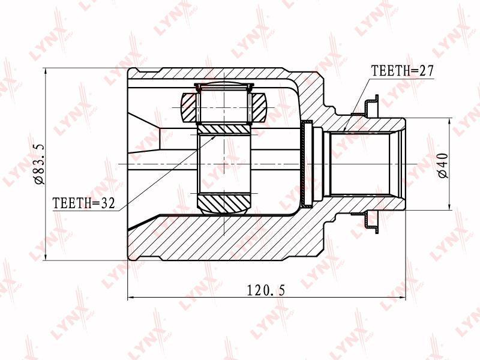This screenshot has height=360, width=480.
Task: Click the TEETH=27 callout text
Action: coord(402,71)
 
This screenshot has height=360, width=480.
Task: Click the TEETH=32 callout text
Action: coord(84,203)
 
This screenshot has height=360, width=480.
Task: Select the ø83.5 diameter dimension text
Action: coord(40,164)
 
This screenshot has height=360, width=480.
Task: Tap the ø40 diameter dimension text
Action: coord(443,166)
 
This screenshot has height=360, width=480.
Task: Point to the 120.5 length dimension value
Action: coord(266,290)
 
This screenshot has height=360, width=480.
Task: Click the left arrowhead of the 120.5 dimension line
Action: coord(131,297)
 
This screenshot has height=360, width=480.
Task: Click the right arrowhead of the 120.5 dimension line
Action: coord(402,297)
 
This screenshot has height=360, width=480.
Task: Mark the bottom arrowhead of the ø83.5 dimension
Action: coord(46,257)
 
